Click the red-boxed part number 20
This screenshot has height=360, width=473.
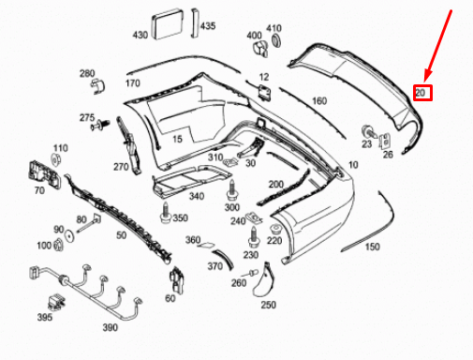(x=421, y=93)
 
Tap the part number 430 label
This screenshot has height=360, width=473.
(x=140, y=36)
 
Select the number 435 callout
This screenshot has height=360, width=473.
(x=207, y=25)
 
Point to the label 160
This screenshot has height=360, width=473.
(x=319, y=101)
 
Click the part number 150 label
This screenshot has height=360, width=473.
(x=372, y=247)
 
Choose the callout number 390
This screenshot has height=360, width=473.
(x=110, y=327)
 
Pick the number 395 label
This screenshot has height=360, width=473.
(x=44, y=318)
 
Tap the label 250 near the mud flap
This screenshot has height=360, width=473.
(x=268, y=305)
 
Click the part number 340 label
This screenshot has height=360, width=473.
(x=196, y=196)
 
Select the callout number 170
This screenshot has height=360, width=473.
(x=132, y=83)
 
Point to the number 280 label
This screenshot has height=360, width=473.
(x=87, y=73)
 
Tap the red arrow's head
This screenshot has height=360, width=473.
(x=427, y=76)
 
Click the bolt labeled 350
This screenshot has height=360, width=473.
(x=165, y=215)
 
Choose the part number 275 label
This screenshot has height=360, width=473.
(x=87, y=117)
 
